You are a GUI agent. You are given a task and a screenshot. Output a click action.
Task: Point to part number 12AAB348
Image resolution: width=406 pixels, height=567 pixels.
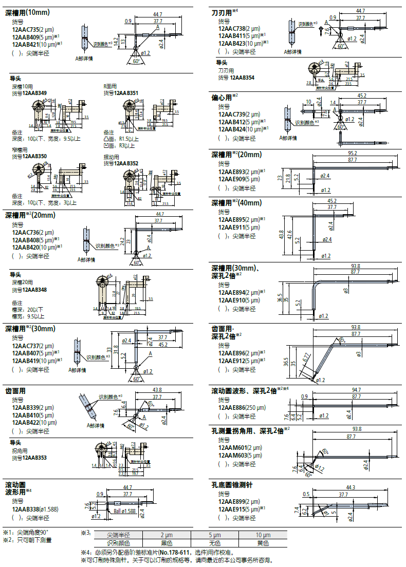[x=35, y=290]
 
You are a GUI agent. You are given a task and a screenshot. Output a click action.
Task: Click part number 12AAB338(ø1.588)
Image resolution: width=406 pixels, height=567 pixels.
[x=34, y=508]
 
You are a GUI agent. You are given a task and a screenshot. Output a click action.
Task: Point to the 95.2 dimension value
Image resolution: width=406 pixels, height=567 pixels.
[x=352, y=153]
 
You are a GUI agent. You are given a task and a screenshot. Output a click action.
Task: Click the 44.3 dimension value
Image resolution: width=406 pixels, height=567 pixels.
[x=351, y=487]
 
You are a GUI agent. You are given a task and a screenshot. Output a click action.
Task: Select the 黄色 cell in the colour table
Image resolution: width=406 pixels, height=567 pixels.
[x=263, y=543]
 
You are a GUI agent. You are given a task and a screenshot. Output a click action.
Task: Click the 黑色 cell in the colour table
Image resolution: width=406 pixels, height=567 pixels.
[x=165, y=543]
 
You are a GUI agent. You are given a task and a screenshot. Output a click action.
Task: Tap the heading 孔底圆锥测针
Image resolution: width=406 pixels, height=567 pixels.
[x=232, y=484]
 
